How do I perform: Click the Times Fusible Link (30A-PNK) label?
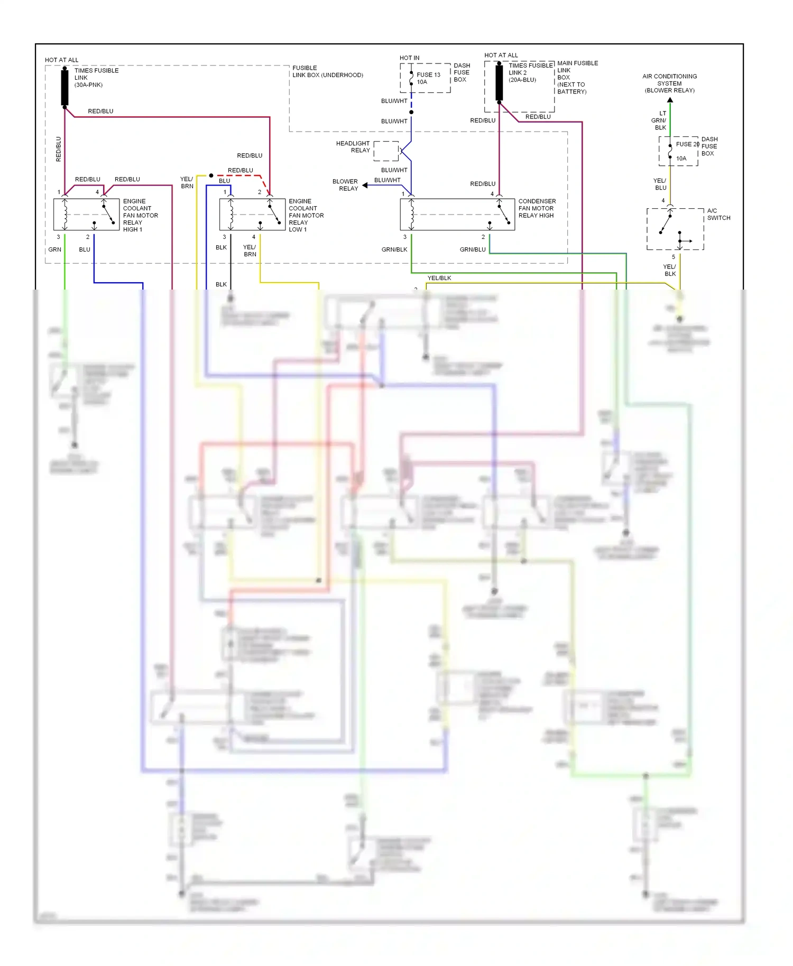pos(96,78)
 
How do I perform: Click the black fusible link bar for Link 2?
pos(499,82)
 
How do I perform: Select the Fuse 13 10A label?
pos(428,78)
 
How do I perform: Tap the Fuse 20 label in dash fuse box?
pos(687,144)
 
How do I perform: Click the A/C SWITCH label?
pos(718,214)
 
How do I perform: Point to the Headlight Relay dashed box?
pos(386,151)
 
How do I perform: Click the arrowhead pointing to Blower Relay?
pos(365,185)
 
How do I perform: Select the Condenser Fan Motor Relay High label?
pos(537,208)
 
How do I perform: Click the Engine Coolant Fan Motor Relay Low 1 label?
pos(306,215)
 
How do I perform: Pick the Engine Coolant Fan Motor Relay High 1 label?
pos(140,215)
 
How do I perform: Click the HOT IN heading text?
pos(409,58)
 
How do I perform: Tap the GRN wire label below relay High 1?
pos(55,249)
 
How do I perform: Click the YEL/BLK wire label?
pos(439,278)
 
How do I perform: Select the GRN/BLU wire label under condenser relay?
pos(472,249)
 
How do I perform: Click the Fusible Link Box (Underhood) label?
pos(327,71)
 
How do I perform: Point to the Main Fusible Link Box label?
pos(577,77)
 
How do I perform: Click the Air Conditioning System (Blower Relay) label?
pos(669,83)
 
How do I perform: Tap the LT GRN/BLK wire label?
pos(659,120)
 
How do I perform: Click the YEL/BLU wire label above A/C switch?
pos(660,184)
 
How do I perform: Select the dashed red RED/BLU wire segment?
pos(241,175)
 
